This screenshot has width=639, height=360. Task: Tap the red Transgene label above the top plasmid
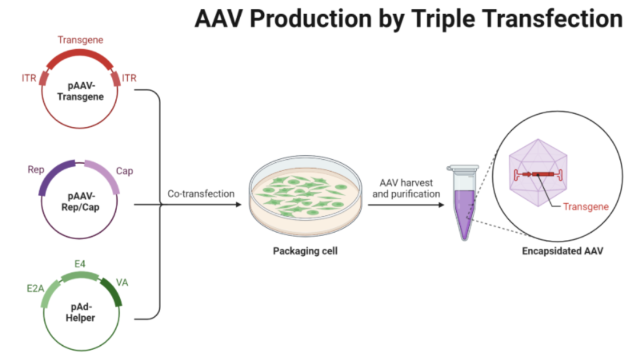pyautogui.click(x=80, y=40)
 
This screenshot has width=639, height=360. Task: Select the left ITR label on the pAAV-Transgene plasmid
pyautogui.click(x=29, y=78)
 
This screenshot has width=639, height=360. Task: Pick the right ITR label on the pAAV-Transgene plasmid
pyautogui.click(x=128, y=78)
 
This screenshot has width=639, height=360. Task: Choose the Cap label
pyautogui.click(x=124, y=171)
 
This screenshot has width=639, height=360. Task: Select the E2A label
pyautogui.click(x=34, y=288)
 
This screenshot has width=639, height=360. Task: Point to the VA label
pyautogui.click(x=122, y=282)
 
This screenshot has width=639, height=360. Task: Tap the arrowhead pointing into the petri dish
pyautogui.click(x=238, y=205)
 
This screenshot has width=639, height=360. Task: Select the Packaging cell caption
pyautogui.click(x=305, y=251)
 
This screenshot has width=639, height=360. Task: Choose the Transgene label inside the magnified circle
pyautogui.click(x=586, y=207)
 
